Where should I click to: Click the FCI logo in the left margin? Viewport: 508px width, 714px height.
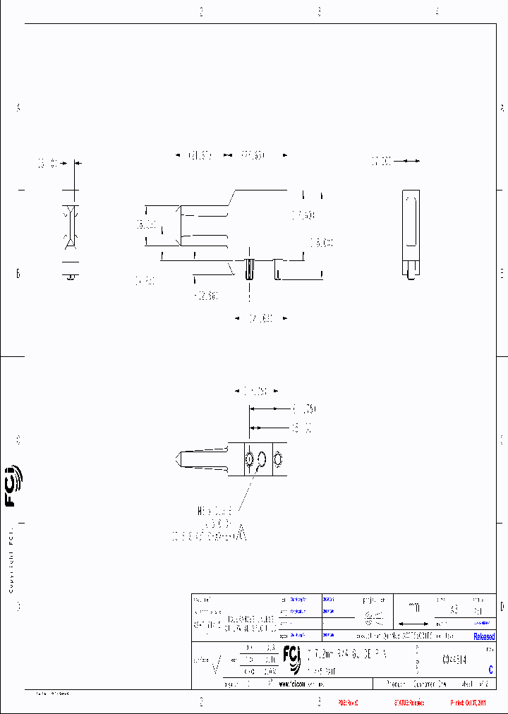coord(13,487)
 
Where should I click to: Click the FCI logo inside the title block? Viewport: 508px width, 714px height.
coord(291,655)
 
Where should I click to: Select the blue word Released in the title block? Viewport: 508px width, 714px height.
coord(484,636)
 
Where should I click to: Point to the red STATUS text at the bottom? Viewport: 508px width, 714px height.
coord(409,703)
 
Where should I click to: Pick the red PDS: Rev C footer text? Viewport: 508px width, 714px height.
coord(349,703)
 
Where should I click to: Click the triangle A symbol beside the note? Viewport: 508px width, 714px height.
coord(241,534)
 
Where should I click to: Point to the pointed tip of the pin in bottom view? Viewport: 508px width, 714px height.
coord(176,459)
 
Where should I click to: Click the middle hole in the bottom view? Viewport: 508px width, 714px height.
coord(262,459)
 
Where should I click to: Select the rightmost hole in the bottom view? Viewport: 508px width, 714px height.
coord(277,460)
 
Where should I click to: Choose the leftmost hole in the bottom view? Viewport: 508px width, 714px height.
coord(248,459)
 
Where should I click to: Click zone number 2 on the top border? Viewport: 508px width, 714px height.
coord(201,11)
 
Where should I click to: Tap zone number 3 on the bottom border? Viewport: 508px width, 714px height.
coord(319,703)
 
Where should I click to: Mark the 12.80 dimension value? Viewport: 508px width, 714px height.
coord(206,296)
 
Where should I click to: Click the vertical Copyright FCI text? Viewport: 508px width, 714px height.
coord(12,561)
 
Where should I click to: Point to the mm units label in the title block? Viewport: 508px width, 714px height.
coord(414,608)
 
